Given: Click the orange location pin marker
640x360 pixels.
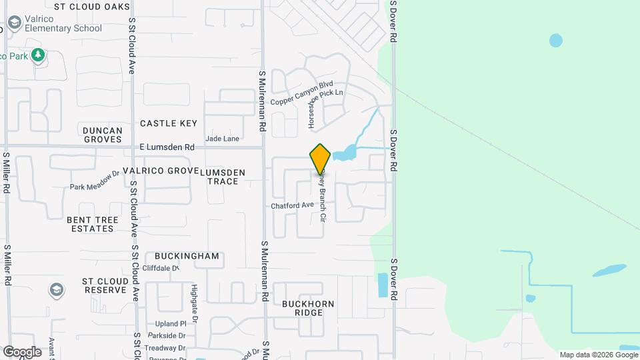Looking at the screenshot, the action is pos(320,159).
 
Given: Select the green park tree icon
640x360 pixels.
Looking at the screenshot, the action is pos(39,55).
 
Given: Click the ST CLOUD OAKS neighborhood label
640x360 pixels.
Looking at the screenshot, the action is pos(92,6).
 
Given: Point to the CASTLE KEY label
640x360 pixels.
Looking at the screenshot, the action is pos(169,123).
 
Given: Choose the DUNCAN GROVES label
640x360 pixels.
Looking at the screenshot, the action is pos(102,135).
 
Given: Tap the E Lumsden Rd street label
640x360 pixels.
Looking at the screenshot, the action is pos(167,147).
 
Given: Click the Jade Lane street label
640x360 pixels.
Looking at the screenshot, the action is pos(222,139).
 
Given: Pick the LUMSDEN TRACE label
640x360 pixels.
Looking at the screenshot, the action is pos(223,177).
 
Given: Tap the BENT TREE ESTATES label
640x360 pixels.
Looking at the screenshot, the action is pos(93,224).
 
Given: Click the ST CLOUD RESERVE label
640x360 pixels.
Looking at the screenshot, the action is pos(104,286).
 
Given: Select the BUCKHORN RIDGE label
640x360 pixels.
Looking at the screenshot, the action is pos(307,308).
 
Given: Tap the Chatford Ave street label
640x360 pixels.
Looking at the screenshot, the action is pos(292,206).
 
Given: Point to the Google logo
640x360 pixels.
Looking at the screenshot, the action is pos(22,351).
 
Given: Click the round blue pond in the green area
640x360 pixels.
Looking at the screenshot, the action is pos(555,41).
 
